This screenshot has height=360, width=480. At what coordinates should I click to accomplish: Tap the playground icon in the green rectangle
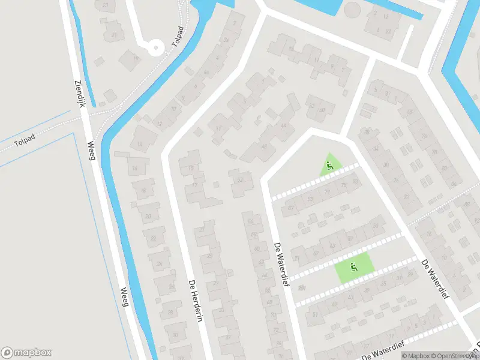tap(353, 267)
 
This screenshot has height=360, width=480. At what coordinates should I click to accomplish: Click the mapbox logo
tap(26, 353)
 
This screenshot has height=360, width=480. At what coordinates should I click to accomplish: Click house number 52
tap(240, 179)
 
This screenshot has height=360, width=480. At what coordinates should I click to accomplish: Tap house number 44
tap(283, 126)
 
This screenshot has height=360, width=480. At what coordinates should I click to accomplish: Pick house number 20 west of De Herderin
tap(148, 216)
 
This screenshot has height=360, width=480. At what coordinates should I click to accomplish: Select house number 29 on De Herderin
tap(215, 283)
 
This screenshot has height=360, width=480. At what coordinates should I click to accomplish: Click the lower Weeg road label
tap(125, 297)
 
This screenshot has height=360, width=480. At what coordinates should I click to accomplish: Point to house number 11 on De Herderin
tap(219, 128)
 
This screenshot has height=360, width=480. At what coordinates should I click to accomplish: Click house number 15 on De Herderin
tap(191, 169)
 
